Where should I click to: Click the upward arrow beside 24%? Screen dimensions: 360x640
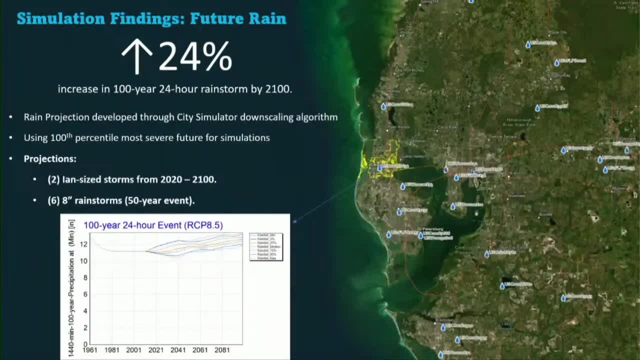137,56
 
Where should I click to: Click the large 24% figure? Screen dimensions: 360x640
195,56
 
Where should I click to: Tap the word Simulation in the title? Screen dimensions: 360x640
60,19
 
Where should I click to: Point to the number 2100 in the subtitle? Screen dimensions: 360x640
278,89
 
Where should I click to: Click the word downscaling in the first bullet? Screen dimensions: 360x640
269,117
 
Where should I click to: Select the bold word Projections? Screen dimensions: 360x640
50,159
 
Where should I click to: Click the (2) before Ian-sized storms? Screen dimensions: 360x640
54,179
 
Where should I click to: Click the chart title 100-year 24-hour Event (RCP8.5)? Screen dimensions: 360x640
153,225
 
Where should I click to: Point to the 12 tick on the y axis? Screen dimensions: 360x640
84,244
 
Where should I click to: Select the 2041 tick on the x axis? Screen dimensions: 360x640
178,350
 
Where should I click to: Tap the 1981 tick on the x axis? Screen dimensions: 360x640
112,350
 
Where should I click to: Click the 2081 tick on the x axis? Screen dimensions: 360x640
222,350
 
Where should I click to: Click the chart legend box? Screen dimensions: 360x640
266,246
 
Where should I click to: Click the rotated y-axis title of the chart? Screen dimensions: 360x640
71,287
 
